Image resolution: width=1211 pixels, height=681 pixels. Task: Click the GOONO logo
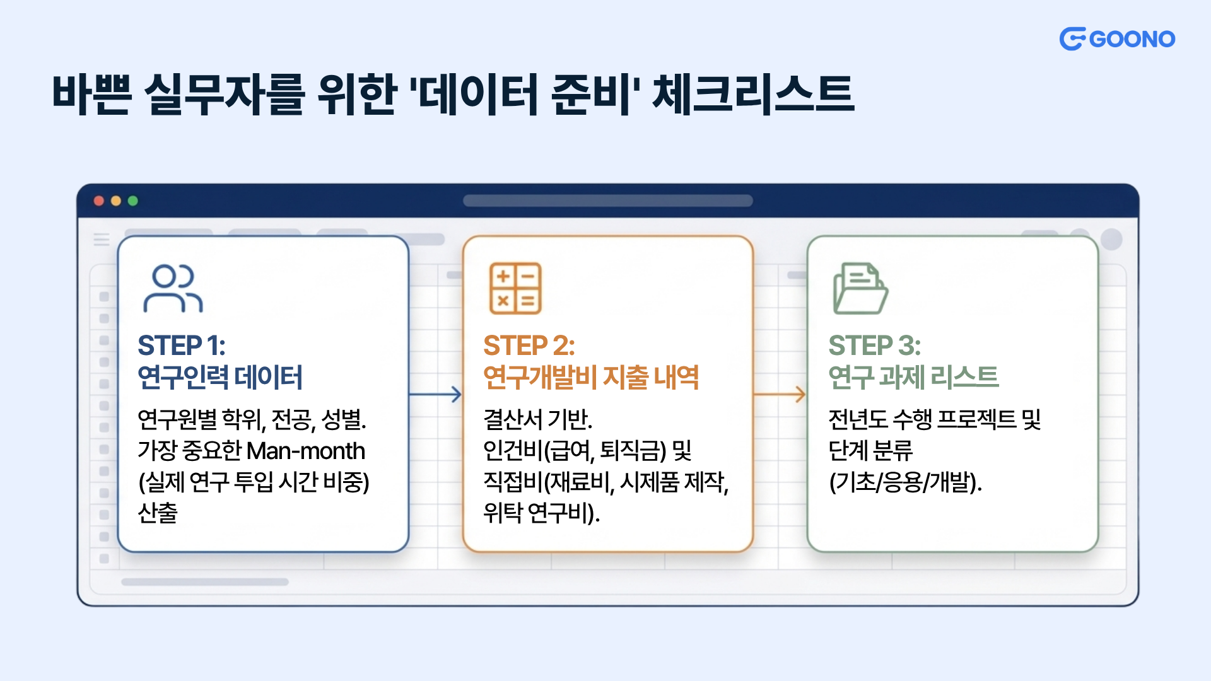[x=1117, y=39]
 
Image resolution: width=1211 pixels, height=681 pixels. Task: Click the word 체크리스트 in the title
[x=753, y=95]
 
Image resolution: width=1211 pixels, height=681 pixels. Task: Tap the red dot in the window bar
[x=99, y=201]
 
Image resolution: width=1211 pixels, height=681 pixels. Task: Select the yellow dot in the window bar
[x=116, y=201]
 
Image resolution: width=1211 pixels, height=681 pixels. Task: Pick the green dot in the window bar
[x=133, y=201]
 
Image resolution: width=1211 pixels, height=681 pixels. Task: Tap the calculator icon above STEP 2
[x=516, y=288]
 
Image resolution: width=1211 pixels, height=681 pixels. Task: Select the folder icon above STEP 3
[x=860, y=288]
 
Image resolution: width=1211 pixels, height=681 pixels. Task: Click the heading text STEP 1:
[x=182, y=346]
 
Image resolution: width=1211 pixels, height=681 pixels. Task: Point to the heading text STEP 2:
[x=529, y=346]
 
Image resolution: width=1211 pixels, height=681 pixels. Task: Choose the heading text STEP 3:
[x=875, y=346]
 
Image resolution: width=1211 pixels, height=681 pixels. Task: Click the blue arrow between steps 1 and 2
[x=435, y=395]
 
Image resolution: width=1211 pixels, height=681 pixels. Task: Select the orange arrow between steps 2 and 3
[x=780, y=395]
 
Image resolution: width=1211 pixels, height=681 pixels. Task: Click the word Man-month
[x=306, y=451]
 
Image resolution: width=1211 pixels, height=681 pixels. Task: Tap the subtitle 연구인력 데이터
[x=220, y=377]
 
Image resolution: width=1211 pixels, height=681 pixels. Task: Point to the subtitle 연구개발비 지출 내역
[x=591, y=377]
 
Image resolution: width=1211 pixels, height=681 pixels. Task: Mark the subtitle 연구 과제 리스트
[x=913, y=377]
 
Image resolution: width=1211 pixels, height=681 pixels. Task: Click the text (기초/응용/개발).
[x=906, y=482]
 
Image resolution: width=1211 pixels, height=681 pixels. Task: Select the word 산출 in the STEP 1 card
[x=158, y=513]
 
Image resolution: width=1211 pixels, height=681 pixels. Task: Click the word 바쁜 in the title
[x=92, y=95]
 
